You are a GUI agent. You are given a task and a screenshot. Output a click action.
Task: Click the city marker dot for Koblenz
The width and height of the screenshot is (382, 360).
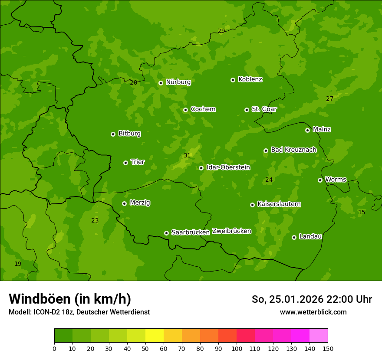click(x=233, y=80)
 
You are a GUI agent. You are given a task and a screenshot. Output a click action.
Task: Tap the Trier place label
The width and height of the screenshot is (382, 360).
click(x=138, y=162)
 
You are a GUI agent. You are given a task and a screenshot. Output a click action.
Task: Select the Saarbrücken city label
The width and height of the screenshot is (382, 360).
click(x=190, y=232)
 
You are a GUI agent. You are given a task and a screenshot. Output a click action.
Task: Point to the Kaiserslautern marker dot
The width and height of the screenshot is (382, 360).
click(x=252, y=205)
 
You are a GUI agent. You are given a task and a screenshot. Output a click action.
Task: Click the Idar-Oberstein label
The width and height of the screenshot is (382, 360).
click(x=228, y=167)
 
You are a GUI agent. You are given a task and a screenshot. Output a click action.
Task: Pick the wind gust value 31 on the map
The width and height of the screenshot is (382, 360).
click(x=187, y=155)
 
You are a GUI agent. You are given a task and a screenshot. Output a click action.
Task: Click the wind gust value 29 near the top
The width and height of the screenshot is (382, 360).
click(x=221, y=31)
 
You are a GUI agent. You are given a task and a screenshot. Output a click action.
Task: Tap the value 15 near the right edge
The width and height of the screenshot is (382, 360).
click(x=362, y=212)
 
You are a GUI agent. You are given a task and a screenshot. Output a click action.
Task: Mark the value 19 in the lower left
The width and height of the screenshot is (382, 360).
click(x=18, y=264)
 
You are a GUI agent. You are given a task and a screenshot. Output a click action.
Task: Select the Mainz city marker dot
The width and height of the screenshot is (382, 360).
click(x=307, y=130)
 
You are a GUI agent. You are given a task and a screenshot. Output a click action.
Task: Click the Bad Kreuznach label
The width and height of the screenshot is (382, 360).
click(x=293, y=150)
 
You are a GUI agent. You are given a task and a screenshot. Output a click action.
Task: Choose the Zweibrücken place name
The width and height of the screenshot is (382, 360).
click(x=231, y=231)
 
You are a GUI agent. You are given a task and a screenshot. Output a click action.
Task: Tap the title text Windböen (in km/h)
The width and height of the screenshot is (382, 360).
click(x=70, y=299)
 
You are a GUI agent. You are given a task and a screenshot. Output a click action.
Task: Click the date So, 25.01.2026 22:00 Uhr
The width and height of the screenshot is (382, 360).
click(x=312, y=299)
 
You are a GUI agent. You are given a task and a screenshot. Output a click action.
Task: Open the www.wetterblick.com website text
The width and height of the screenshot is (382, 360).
click(x=313, y=312)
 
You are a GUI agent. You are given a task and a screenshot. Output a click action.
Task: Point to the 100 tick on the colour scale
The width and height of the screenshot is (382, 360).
click(x=237, y=348)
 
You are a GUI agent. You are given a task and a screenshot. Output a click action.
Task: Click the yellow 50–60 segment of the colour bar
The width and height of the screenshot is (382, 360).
click(x=155, y=336)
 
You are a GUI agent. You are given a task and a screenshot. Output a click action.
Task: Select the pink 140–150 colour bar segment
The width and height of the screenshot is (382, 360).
click(x=319, y=336)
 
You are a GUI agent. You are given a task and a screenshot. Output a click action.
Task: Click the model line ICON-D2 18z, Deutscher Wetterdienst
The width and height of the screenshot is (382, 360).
click(x=79, y=312)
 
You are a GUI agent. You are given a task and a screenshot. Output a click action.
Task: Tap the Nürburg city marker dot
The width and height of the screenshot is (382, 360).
click(x=161, y=83)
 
